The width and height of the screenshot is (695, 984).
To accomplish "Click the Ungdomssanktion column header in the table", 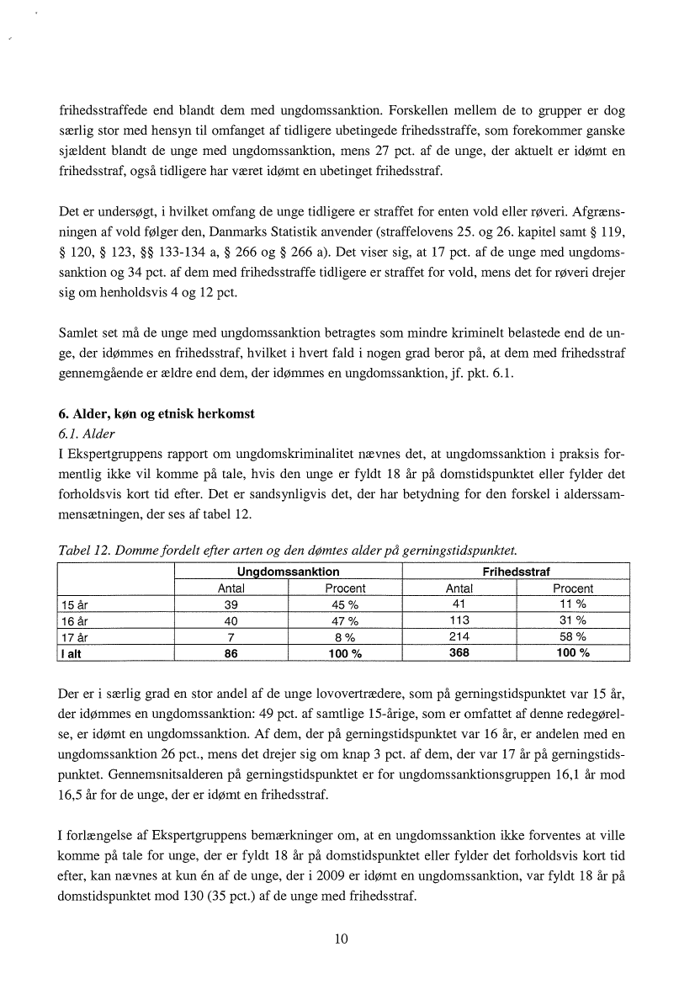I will coord(289,572).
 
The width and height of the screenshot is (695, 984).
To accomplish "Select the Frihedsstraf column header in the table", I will coord(516,572).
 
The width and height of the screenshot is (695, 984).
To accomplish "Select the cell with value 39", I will coord(231,604).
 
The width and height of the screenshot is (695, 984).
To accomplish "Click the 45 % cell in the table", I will coord(345,604).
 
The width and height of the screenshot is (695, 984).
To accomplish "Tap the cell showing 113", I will coord(459,620).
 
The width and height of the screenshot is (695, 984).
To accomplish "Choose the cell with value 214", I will coord(459,636).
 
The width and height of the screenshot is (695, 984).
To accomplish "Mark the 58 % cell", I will coord(572,636).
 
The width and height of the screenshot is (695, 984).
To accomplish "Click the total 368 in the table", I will coord(459,652).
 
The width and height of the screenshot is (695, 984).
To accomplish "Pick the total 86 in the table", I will coord(231,652).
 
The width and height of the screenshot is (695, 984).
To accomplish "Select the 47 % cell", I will coord(345,620).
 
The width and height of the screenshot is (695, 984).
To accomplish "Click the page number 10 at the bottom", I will coord(342,939).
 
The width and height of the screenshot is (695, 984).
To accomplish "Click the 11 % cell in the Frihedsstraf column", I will coord(572,604).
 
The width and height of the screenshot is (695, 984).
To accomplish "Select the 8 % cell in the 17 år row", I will coord(345,636).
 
